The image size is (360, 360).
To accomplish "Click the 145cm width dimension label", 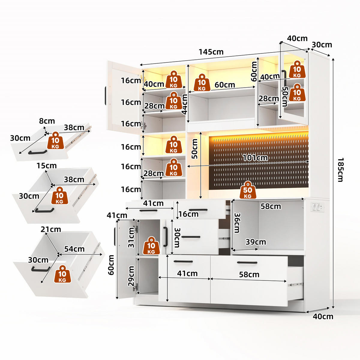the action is [211, 52].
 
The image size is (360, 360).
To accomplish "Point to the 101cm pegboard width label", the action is [255, 158].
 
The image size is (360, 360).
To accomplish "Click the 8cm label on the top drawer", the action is [47, 121].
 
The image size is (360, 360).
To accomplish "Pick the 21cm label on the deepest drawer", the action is [51, 229].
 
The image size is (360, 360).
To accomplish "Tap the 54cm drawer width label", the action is [74, 249].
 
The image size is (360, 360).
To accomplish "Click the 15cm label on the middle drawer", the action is [46, 166].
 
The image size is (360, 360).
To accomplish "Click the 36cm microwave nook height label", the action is [237, 223].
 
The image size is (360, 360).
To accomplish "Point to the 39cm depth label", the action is [256, 242].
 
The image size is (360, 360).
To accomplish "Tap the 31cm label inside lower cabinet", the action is [131, 238].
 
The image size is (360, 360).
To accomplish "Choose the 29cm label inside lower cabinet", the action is [131, 276].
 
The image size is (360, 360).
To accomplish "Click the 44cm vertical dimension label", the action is [184, 104].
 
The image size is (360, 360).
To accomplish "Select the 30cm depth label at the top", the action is [322, 45].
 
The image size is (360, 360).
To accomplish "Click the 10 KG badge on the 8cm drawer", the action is [55, 140].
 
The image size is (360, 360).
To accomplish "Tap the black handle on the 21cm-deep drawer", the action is [41, 269].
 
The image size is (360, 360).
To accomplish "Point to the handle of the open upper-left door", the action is [106, 95].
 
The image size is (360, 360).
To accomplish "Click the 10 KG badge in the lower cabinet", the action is [151, 246].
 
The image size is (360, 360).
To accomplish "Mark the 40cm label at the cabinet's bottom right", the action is [323, 316].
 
